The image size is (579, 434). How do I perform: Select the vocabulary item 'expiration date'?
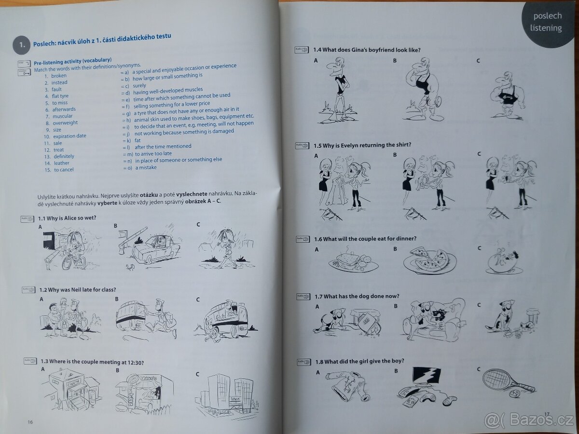(x=69, y=136)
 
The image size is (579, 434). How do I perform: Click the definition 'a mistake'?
(x=146, y=168)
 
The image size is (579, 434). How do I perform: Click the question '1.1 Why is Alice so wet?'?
(x=67, y=218)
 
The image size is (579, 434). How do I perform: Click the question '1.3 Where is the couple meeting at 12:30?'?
(x=92, y=362)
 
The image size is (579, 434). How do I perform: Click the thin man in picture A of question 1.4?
(x=338, y=87)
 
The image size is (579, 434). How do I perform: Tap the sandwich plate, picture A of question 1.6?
(x=352, y=260)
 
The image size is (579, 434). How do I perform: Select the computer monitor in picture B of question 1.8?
(x=426, y=376)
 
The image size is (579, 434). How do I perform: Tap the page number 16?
(x=30, y=422)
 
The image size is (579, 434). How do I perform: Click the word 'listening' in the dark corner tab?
(x=546, y=28)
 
